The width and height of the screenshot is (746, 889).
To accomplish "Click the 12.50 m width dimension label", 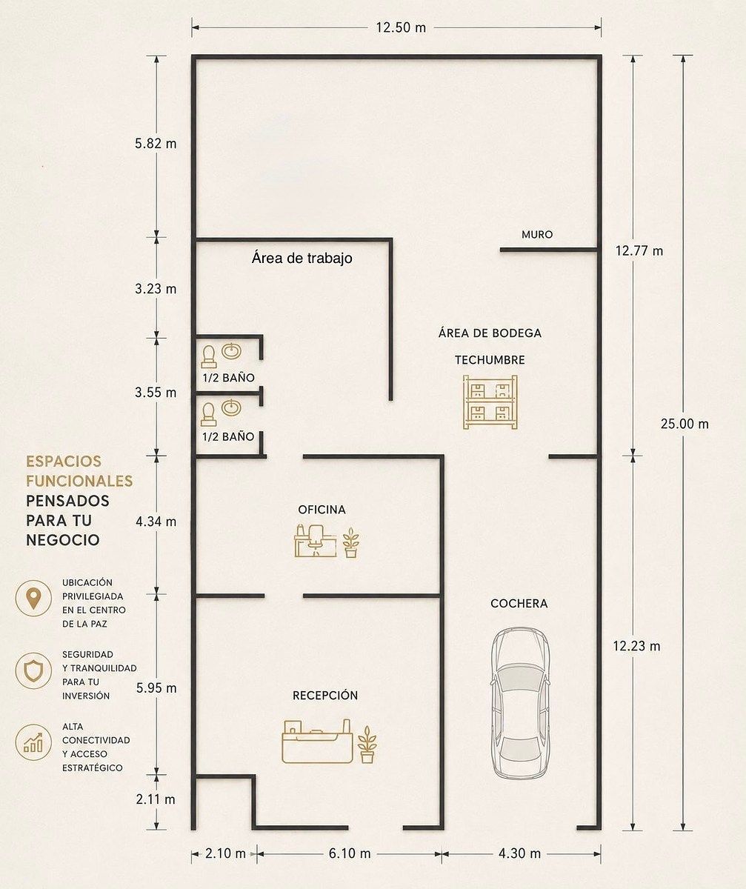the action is point(401,27).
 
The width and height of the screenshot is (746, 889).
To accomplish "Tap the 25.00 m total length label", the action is point(685,424).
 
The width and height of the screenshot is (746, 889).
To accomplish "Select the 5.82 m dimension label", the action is point(156,144).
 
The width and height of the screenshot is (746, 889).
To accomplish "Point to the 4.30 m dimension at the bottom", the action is point(519,853).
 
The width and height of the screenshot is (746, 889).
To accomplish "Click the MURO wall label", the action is point(537,234).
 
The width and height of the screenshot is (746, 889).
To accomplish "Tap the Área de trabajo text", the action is point(302,258).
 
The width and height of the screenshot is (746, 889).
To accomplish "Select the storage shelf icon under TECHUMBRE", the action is point(490,402).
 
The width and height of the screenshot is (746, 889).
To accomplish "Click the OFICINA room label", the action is point(322,510).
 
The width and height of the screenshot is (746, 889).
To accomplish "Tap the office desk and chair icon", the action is point(315,540).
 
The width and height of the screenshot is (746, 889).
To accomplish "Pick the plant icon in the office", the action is point(351,542).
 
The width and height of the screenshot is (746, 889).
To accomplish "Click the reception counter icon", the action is point(317,742).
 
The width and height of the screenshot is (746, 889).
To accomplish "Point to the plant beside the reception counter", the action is point(367,745).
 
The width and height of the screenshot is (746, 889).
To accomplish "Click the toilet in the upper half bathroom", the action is point(209,357).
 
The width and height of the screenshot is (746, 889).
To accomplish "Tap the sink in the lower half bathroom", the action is point(231,407).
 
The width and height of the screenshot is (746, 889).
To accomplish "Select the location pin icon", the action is point(33,598).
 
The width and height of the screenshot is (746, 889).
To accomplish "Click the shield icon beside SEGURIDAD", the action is point(33,670).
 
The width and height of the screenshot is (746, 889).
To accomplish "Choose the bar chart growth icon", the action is point(33,742).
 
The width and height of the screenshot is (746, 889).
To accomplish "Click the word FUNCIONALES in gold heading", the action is point(79,481).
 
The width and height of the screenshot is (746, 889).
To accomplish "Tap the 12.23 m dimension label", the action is point(636,646).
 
